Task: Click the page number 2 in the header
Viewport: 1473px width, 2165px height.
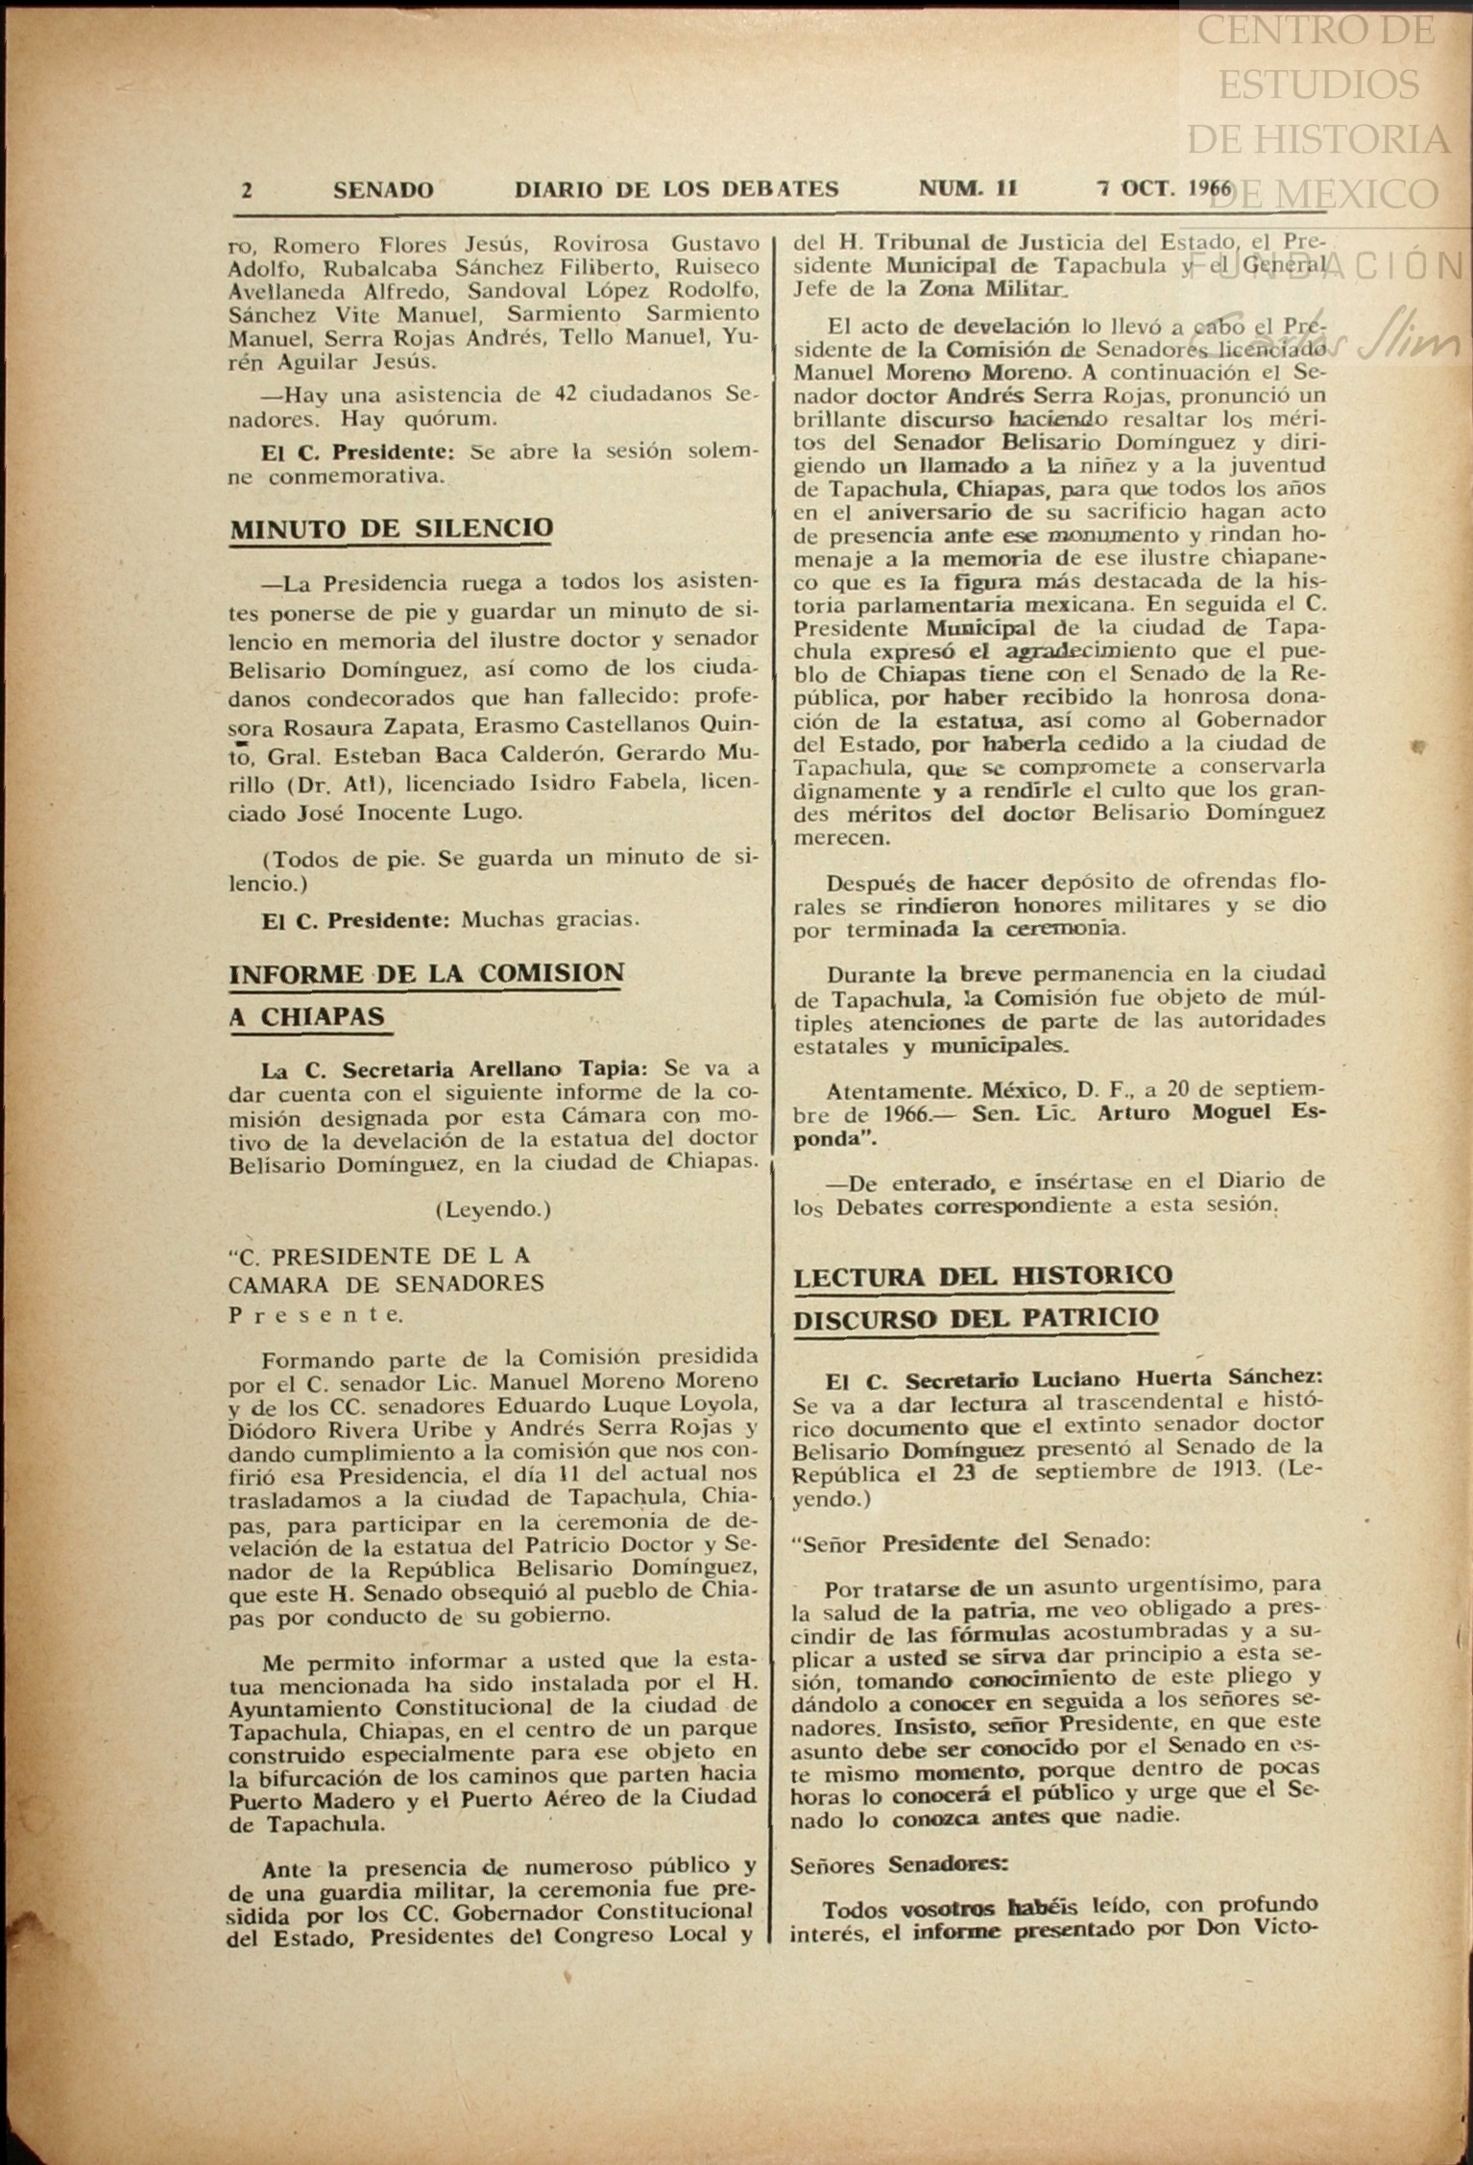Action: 247,190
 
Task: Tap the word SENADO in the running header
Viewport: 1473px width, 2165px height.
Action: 383,190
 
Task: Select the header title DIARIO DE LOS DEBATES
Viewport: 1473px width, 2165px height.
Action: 676,189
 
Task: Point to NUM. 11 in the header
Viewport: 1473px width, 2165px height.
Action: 968,188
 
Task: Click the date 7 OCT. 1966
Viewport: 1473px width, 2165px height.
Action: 1165,188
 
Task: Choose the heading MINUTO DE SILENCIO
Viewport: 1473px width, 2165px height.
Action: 391,528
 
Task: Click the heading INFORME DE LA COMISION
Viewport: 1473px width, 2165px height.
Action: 426,973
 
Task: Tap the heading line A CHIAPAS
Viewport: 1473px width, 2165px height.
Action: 307,1016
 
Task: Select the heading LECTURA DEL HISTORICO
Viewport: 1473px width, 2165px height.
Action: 983,1276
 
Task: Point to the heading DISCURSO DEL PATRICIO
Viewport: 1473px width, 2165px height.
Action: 976,1318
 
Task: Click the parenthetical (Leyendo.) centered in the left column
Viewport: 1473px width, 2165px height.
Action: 493,1209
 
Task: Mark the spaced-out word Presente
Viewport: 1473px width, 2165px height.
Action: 316,1315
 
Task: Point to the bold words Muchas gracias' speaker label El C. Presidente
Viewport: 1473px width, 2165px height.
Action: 355,919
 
